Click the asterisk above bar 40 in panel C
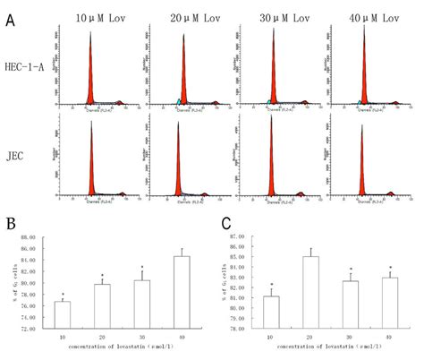(390, 267)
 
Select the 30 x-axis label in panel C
(352, 337)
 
